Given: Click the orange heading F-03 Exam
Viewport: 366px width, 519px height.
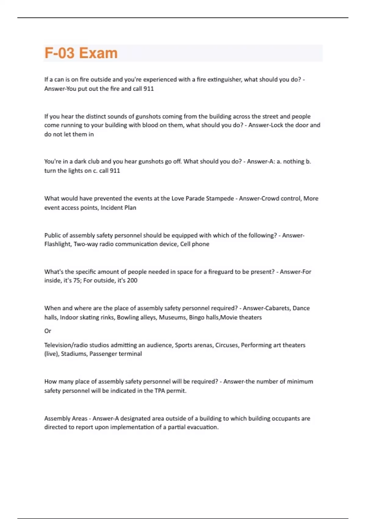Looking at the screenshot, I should (x=81, y=53).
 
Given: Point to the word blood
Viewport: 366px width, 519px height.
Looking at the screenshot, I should (x=150, y=125).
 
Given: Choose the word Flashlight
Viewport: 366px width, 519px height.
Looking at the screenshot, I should (x=57, y=244).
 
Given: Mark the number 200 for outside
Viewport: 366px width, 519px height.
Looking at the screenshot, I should (x=132, y=281).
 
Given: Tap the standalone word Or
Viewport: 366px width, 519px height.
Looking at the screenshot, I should (x=48, y=331).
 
